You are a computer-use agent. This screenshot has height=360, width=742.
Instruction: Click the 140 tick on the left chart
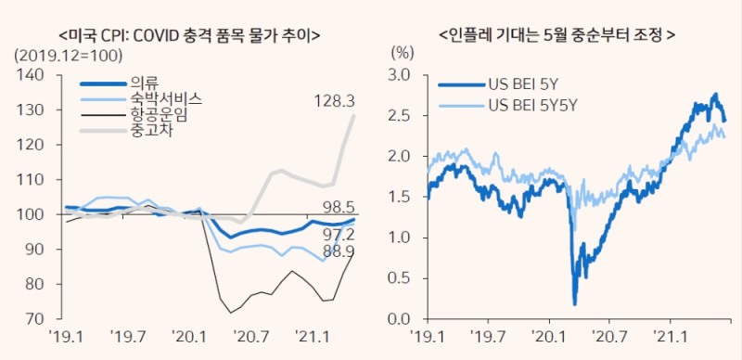[x=31, y=74]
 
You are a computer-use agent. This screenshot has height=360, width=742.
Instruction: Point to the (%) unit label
[x=403, y=55]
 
